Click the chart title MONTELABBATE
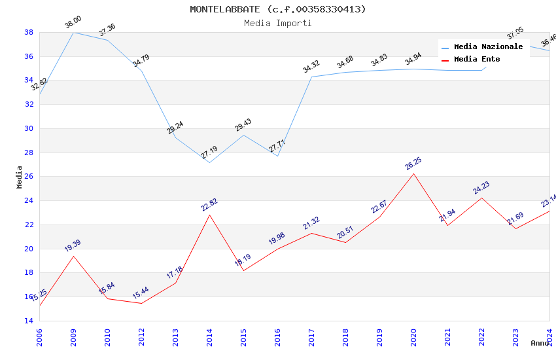pyautogui.click(x=278, y=9)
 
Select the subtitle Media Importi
pyautogui.click(x=278, y=23)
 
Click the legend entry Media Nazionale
pyautogui.click(x=488, y=47)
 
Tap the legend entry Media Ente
pyautogui.click(x=477, y=59)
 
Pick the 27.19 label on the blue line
pyautogui.click(x=209, y=153)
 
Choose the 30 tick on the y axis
pyautogui.click(x=29, y=128)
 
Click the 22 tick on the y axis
pyautogui.click(x=29, y=225)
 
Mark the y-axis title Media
pyautogui.click(x=20, y=177)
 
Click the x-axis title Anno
pyautogui.click(x=540, y=343)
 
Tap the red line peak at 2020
pyautogui.click(x=413, y=173)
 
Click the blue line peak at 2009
pyautogui.click(x=73, y=32)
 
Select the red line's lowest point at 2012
pyautogui.click(x=141, y=303)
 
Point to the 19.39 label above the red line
pyautogui.click(x=73, y=246)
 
